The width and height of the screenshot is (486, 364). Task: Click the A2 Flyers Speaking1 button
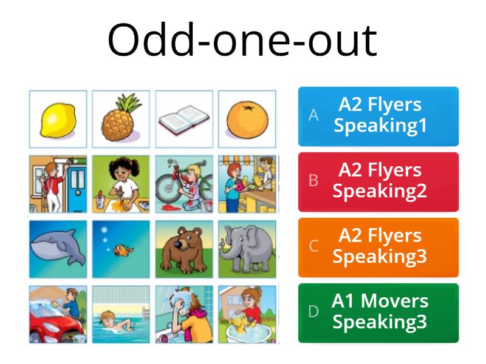(x=378, y=116)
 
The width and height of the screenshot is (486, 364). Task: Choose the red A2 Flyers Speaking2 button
(x=378, y=181)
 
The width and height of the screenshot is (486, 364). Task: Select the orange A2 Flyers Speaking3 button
(x=378, y=246)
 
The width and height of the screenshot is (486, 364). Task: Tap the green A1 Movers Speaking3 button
(x=378, y=312)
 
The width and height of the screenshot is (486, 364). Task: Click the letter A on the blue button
(x=313, y=115)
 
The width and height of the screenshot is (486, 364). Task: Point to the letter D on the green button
(x=313, y=312)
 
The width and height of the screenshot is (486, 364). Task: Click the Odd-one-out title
(x=243, y=41)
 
